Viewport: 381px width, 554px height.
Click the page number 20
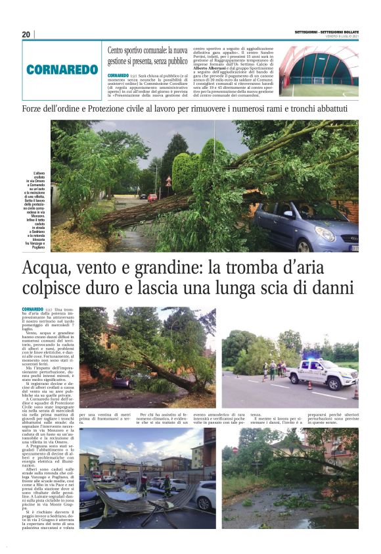26,34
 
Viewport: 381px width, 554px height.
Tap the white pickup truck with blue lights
323,374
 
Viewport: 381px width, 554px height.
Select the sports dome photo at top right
319,70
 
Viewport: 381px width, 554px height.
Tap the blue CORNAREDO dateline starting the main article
32,309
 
